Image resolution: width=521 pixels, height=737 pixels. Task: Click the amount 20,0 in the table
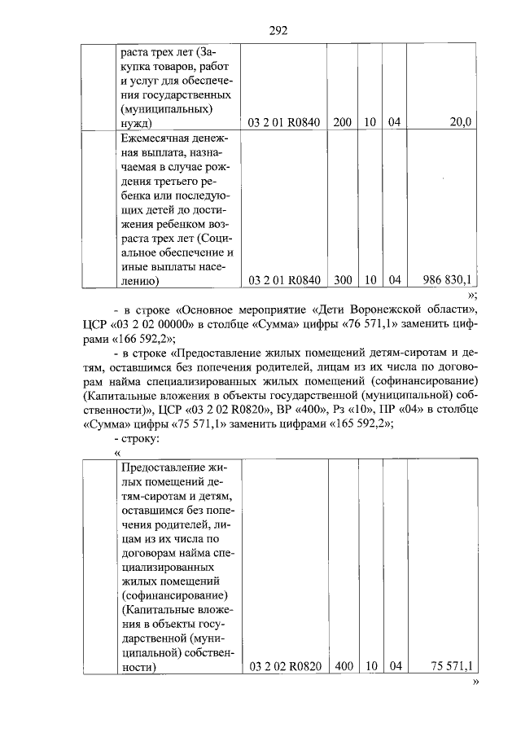pos(460,122)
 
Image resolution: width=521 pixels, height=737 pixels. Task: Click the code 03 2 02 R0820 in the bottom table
pos(285,666)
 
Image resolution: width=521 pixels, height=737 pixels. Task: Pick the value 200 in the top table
pos(342,122)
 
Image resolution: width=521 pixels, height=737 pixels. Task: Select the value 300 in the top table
pos(342,280)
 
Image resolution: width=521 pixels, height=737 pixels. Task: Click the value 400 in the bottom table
pos(344,666)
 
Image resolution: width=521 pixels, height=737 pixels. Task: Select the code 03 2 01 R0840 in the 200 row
pos(285,122)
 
